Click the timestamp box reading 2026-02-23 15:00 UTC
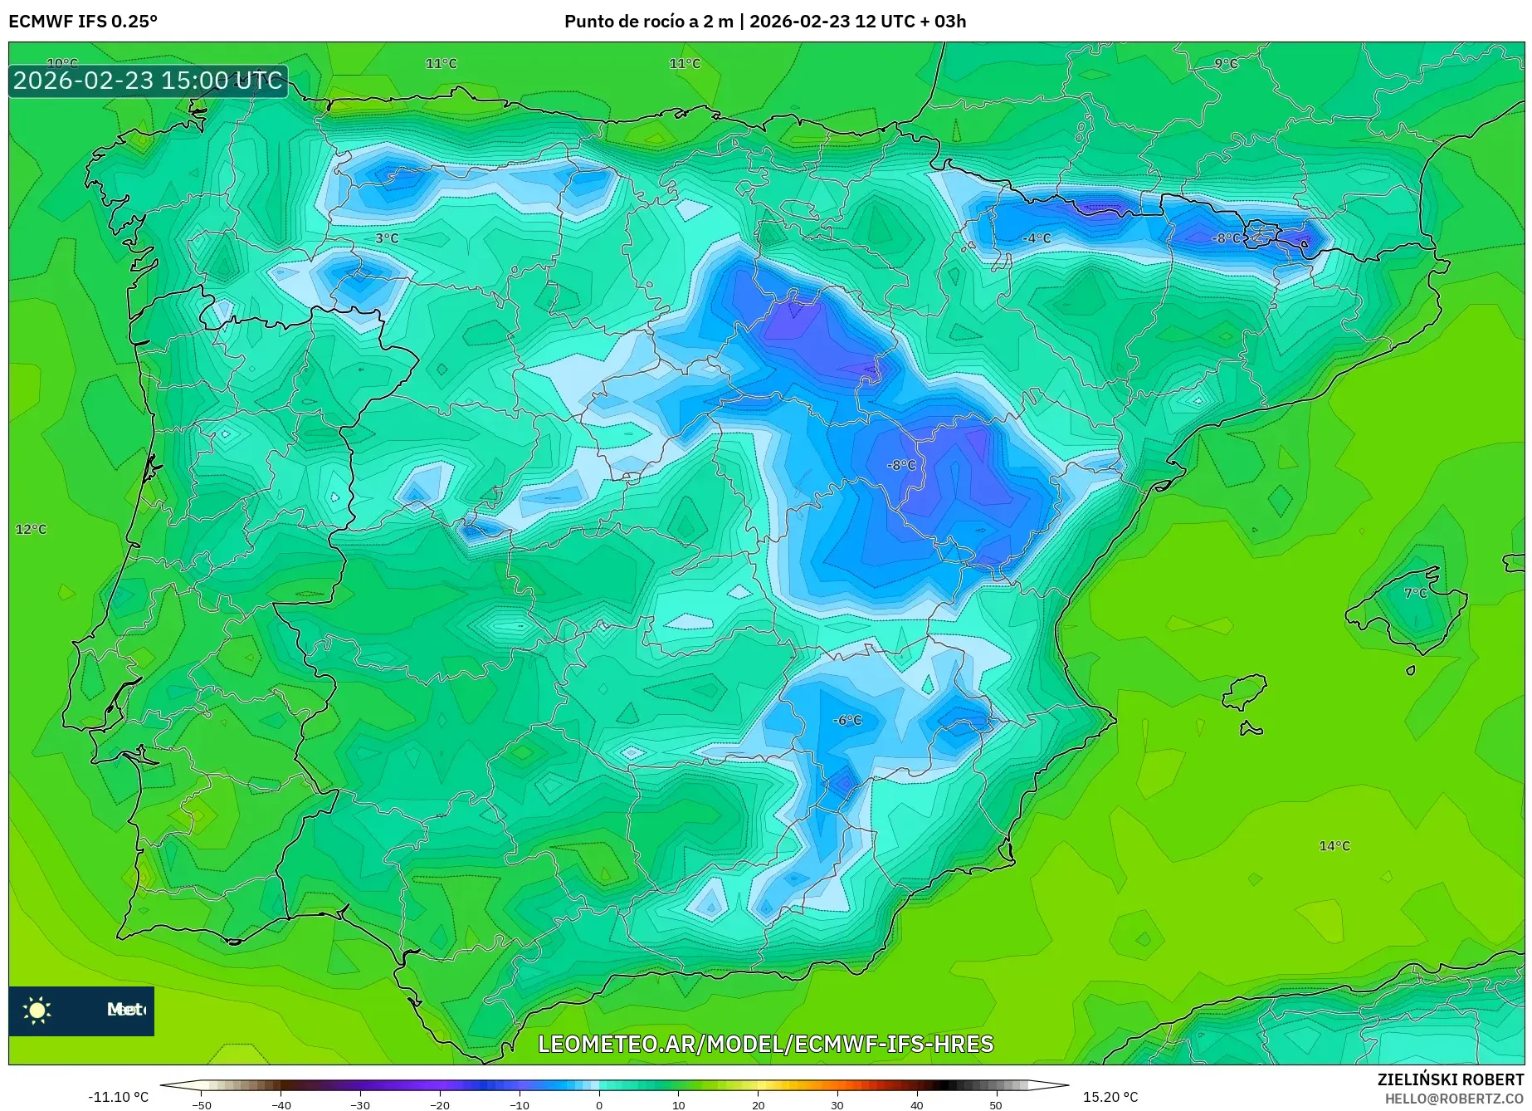(148, 81)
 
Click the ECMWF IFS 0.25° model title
(83, 22)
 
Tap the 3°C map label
(387, 238)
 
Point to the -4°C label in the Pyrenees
(1036, 238)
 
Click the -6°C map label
(847, 720)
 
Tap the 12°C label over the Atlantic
(32, 529)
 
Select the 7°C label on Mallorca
(1415, 593)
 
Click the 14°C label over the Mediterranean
(1334, 845)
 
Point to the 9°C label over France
(1226, 63)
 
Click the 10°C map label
(62, 63)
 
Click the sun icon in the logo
(37, 1010)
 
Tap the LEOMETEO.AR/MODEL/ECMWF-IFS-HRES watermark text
(765, 1044)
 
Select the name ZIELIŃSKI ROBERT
(1450, 1079)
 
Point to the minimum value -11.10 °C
(118, 1097)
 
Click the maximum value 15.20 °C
(1110, 1097)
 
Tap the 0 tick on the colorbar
(599, 1105)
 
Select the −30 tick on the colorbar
(359, 1105)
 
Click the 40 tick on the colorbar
(916, 1105)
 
